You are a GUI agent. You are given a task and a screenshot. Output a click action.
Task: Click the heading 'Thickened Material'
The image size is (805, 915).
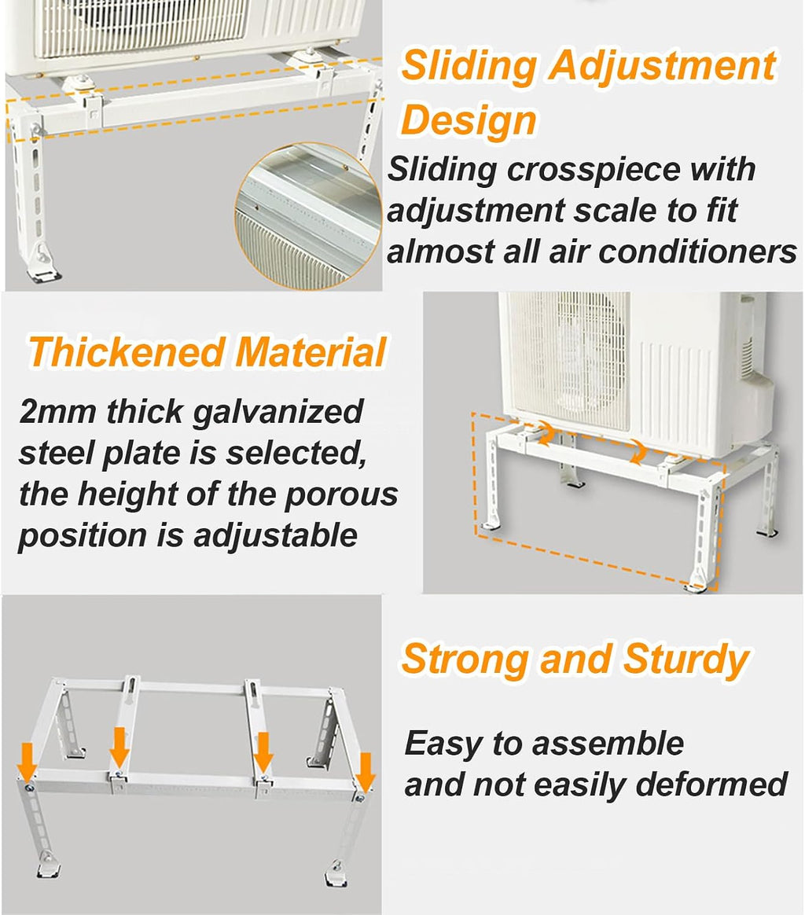pyautogui.click(x=208, y=352)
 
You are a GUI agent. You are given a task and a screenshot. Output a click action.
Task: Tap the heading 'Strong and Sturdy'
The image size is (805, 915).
pyautogui.click(x=575, y=659)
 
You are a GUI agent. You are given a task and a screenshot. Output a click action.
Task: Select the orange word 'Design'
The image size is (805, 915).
pyautogui.click(x=469, y=121)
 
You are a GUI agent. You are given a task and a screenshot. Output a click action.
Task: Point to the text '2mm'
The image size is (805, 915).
pyautogui.click(x=57, y=412)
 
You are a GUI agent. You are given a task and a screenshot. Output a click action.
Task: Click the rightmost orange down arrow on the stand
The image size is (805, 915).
pyautogui.click(x=365, y=771)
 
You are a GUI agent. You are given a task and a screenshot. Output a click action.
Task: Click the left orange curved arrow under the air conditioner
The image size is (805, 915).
pyautogui.click(x=546, y=433)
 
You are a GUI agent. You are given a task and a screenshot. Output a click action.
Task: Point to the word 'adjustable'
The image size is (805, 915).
pyautogui.click(x=275, y=536)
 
